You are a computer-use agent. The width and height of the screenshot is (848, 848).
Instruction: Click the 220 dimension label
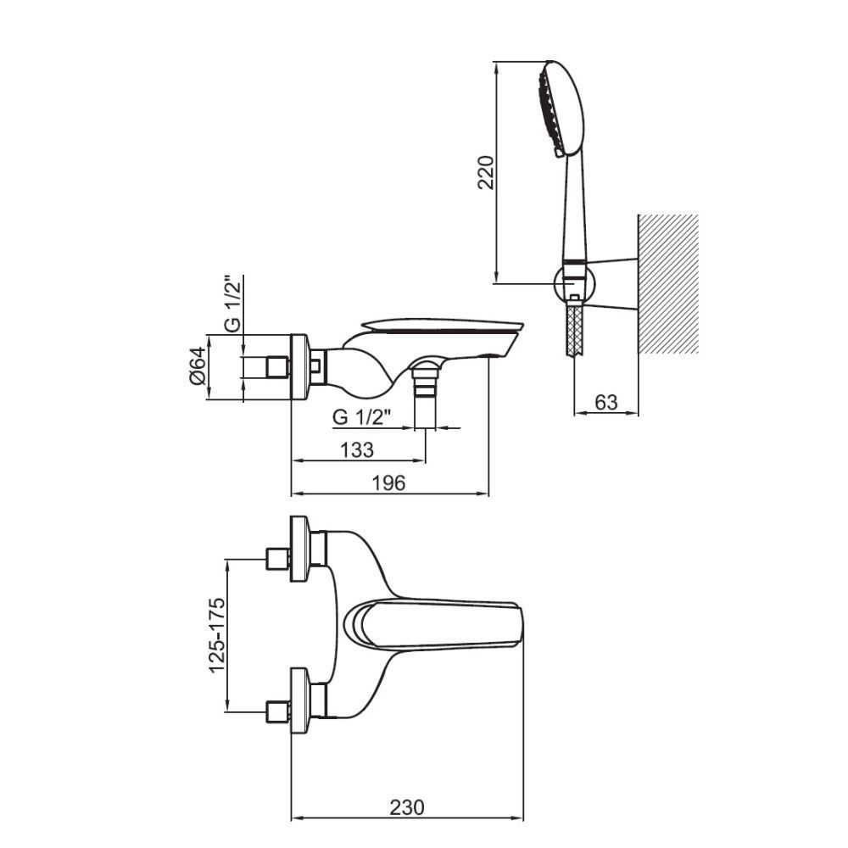point(486,172)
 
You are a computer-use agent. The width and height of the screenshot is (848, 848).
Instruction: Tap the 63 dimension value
point(605,402)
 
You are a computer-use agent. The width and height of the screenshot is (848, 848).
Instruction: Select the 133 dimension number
point(357,449)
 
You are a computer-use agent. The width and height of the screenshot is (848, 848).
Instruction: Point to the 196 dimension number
point(389,483)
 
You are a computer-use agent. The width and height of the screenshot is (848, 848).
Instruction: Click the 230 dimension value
point(407,807)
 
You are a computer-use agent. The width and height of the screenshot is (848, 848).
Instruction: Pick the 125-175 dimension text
point(217,635)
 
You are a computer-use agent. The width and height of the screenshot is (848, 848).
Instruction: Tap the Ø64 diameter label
point(198,366)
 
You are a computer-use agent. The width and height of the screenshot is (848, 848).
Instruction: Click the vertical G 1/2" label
point(232,304)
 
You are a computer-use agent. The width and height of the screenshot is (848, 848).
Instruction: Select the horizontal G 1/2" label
point(361,417)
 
